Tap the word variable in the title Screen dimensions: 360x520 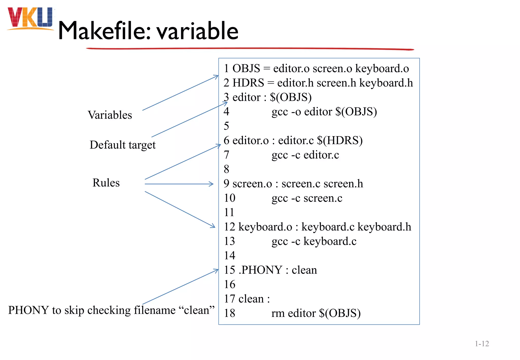click(197, 31)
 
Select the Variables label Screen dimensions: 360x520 click(110, 115)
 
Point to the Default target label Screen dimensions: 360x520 click(122, 145)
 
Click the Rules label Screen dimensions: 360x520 click(106, 183)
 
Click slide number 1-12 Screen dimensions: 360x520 click(482, 344)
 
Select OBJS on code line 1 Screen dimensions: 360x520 click(246, 69)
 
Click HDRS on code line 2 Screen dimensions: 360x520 click(248, 83)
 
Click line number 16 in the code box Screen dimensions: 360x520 click(230, 284)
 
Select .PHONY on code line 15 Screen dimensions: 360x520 click(261, 270)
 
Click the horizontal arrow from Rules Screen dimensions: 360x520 click(179, 184)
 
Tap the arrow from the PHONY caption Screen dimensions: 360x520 click(180, 287)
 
